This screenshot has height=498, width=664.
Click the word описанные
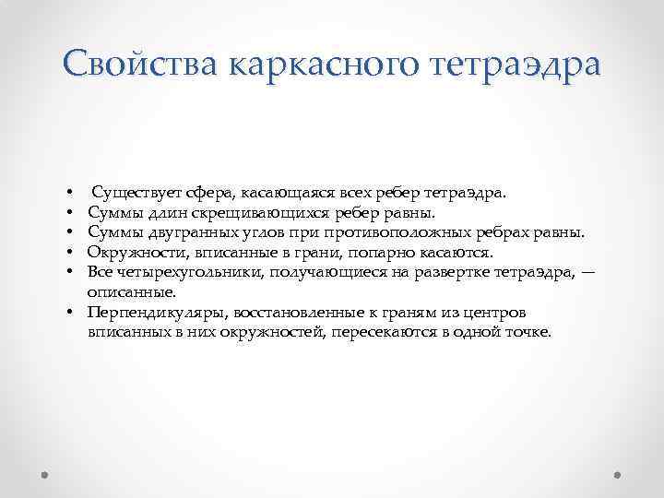[x=131, y=291]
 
